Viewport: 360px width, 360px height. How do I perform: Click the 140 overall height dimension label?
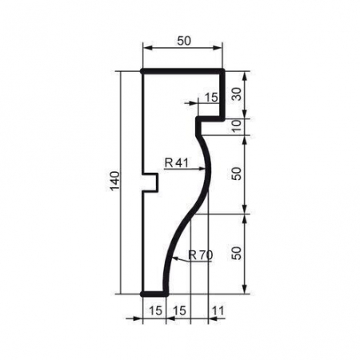click(x=114, y=182)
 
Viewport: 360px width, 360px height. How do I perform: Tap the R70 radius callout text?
click(x=201, y=256)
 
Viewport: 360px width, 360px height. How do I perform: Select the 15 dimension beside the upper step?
click(x=211, y=97)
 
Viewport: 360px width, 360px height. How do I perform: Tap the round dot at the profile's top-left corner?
click(x=142, y=72)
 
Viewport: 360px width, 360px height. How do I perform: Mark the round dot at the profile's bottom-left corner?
click(x=142, y=294)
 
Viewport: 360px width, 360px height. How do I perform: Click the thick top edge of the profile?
click(x=182, y=72)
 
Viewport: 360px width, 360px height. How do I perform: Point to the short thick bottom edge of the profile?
click(x=154, y=294)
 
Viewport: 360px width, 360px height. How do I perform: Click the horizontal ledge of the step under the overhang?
click(x=210, y=118)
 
